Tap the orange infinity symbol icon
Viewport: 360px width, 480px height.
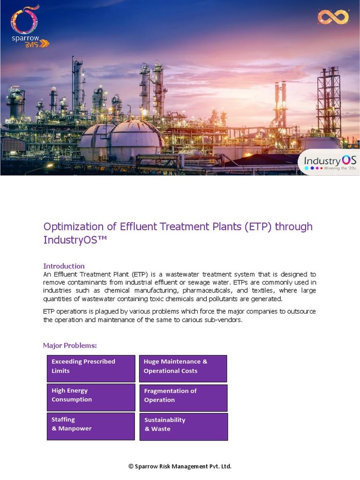point(333,17)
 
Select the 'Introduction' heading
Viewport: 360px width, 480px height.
point(64,266)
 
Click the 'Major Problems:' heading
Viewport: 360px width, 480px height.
point(70,345)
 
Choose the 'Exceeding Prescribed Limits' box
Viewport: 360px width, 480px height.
point(91,368)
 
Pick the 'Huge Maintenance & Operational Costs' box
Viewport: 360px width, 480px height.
point(183,368)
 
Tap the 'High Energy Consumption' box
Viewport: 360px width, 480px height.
point(91,397)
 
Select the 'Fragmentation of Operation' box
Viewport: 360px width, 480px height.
point(183,397)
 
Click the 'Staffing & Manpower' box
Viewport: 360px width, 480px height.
point(91,426)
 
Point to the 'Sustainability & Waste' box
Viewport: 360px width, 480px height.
point(183,427)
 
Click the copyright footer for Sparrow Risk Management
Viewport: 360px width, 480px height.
point(180,466)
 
